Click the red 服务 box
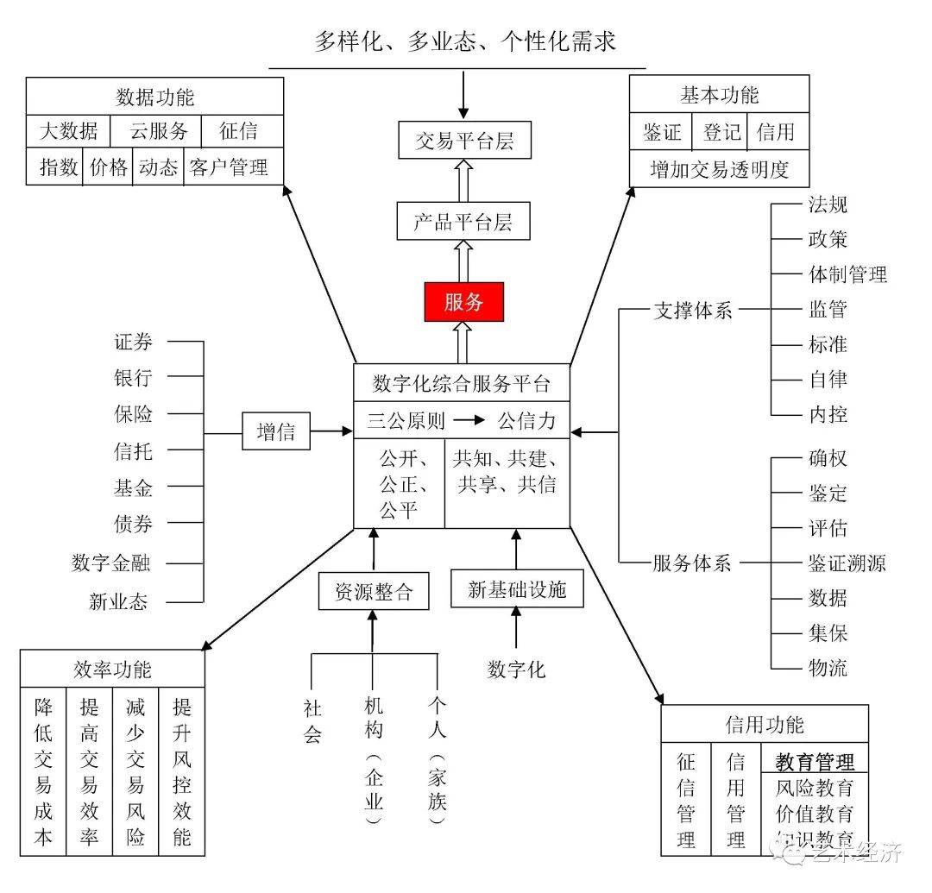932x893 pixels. click(x=463, y=301)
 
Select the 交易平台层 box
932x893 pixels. click(x=463, y=140)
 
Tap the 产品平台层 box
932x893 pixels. click(x=463, y=221)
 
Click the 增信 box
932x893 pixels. click(x=276, y=431)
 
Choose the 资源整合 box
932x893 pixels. click(x=374, y=591)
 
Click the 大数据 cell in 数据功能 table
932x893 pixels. click(x=68, y=132)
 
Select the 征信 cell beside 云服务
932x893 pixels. click(x=238, y=132)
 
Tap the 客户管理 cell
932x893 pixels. click(x=229, y=167)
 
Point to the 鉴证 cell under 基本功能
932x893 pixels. click(x=662, y=132)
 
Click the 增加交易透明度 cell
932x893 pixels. click(x=719, y=169)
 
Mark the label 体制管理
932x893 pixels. click(x=847, y=275)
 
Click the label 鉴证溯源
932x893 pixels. click(x=847, y=563)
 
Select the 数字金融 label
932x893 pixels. click(x=110, y=563)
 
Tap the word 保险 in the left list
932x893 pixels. click(x=133, y=413)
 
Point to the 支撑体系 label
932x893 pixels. click(x=692, y=311)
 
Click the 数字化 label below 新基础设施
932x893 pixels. click(x=516, y=669)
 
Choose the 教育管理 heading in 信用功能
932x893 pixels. click(x=815, y=762)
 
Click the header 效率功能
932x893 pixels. click(x=112, y=670)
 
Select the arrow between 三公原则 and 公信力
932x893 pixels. click(x=471, y=421)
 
